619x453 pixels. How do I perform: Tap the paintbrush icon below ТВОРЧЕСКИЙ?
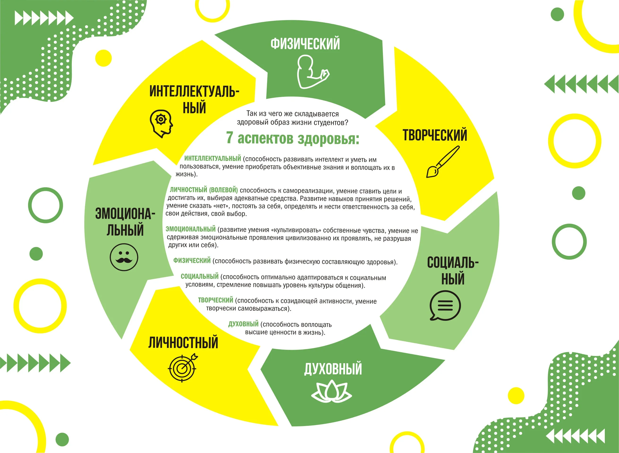coord(443,162)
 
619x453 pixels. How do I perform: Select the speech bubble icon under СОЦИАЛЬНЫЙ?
coord(445,305)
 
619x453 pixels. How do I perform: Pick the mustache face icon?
coord(124,257)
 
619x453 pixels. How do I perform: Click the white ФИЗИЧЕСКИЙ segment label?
coord(305,44)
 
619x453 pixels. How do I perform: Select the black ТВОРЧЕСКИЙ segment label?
coord(435,135)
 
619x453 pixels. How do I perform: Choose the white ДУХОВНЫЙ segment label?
coord(333,368)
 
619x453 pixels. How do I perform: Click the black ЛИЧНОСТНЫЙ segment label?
coord(183,343)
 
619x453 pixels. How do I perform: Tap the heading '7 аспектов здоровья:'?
coord(292,138)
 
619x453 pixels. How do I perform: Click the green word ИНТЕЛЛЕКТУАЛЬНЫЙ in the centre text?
coord(213,158)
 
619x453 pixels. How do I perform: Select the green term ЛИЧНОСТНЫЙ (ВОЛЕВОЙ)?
coord(204,190)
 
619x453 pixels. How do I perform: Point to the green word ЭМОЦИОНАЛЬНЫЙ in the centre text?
coord(191,229)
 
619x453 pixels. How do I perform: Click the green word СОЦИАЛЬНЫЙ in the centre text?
coord(199,276)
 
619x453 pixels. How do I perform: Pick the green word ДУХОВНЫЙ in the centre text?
coord(243,324)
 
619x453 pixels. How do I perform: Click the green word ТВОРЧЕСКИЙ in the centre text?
coord(215,300)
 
